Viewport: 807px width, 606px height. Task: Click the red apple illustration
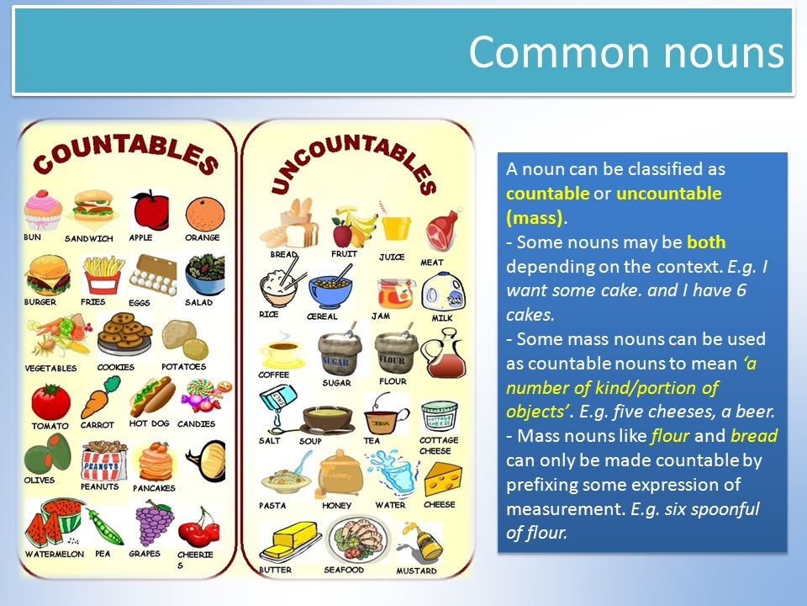(x=150, y=210)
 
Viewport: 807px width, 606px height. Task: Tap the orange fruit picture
(x=205, y=214)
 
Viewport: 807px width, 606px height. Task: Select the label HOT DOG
(x=150, y=423)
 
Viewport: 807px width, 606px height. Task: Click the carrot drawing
(x=100, y=397)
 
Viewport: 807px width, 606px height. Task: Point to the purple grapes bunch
(x=153, y=522)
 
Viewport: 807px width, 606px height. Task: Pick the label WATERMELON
(x=55, y=554)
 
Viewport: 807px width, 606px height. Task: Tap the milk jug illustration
(x=443, y=292)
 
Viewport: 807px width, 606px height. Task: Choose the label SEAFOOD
(x=344, y=570)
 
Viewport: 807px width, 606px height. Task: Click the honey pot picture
(x=340, y=474)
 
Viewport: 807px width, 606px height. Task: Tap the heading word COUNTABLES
(x=125, y=154)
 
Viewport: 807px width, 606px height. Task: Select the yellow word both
(x=706, y=242)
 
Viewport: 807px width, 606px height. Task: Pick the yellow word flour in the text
(x=670, y=436)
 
